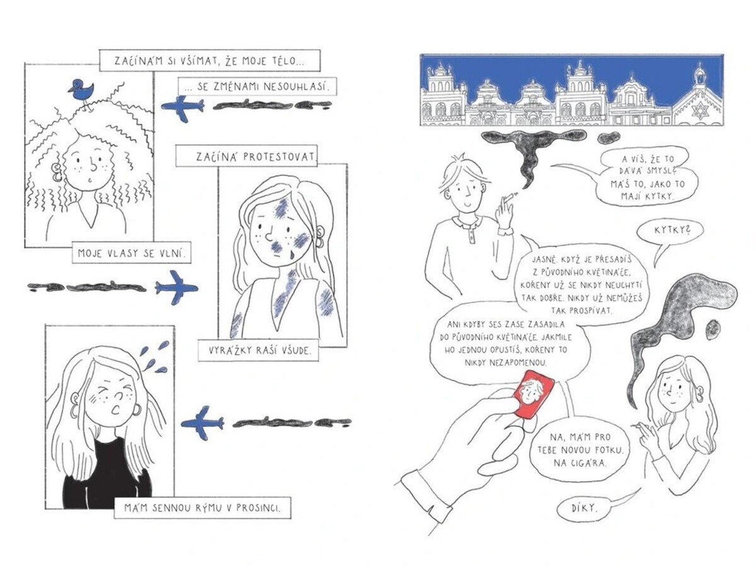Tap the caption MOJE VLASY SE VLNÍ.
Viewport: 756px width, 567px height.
(x=132, y=253)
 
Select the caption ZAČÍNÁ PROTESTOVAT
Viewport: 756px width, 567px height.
(x=246, y=156)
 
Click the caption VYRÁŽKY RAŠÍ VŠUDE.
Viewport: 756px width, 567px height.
(x=258, y=350)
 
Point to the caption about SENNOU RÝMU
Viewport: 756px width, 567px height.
(x=202, y=508)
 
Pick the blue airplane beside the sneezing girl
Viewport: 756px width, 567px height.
(x=202, y=423)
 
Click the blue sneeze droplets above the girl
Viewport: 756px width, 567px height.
(x=154, y=357)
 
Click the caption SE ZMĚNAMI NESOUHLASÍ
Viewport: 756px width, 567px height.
(x=257, y=86)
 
